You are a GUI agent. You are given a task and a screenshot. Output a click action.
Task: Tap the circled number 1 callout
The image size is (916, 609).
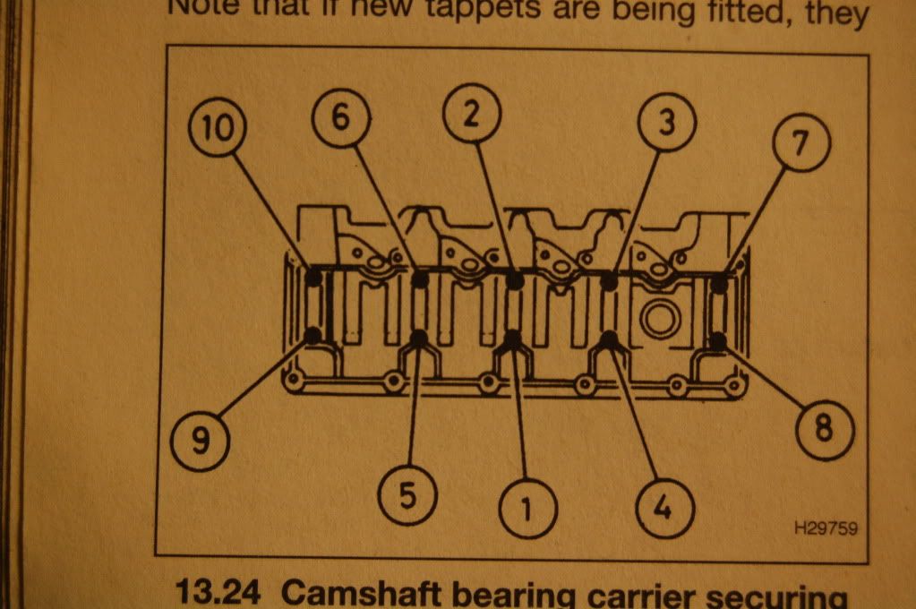point(526,508)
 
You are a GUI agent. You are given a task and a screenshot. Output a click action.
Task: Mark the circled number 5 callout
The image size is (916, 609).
point(407,495)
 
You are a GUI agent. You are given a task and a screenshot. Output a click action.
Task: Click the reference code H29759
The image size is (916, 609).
point(825,528)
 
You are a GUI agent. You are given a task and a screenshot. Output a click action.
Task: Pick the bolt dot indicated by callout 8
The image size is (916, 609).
point(717,340)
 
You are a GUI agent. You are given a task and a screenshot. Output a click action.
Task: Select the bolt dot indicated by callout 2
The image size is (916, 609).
point(514,280)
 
